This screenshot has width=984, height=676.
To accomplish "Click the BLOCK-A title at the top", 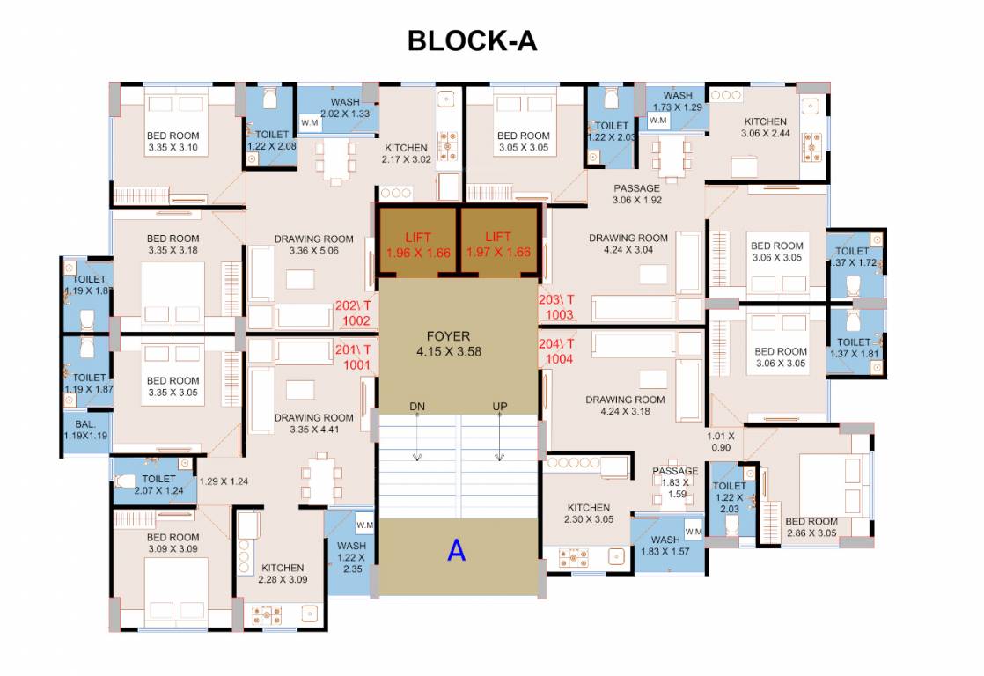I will pyautogui.click(x=472, y=40).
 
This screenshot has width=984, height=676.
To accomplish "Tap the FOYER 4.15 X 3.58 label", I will pyautogui.click(x=449, y=343).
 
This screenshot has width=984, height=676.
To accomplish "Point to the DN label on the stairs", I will pyautogui.click(x=417, y=406).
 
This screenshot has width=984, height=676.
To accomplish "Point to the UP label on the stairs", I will pyautogui.click(x=500, y=406).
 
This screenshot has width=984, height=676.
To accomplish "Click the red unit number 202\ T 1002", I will pyautogui.click(x=354, y=313).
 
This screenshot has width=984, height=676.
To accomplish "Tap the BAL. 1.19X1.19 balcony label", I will pyautogui.click(x=85, y=429).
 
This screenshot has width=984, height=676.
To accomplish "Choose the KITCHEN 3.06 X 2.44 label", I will pyautogui.click(x=765, y=128).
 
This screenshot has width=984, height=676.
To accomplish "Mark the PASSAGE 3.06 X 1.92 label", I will pyautogui.click(x=636, y=194).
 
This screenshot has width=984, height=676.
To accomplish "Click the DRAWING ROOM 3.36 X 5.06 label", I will pyautogui.click(x=313, y=245).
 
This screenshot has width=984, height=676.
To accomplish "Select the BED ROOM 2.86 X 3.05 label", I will pyautogui.click(x=811, y=527).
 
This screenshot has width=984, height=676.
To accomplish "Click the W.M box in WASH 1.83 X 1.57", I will pyautogui.click(x=694, y=532).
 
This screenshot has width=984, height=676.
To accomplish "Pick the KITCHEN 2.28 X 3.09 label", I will pyautogui.click(x=283, y=573).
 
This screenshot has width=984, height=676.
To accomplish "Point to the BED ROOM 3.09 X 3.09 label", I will pyautogui.click(x=173, y=543).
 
